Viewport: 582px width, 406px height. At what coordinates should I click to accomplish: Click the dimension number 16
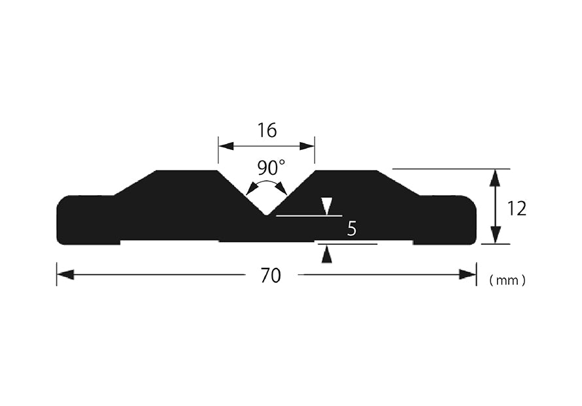click(267, 130)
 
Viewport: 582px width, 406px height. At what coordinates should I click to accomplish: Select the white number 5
click(352, 229)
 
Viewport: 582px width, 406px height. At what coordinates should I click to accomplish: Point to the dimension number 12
click(517, 209)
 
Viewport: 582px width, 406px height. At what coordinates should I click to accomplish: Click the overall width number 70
click(271, 276)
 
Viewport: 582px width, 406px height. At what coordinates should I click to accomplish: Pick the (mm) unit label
click(507, 280)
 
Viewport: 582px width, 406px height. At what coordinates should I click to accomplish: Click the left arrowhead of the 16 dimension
click(226, 146)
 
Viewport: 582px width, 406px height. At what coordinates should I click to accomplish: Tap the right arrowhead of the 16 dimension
click(307, 146)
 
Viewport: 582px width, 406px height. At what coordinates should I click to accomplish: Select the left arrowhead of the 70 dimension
click(65, 275)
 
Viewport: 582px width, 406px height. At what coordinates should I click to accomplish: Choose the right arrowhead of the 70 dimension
click(468, 275)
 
